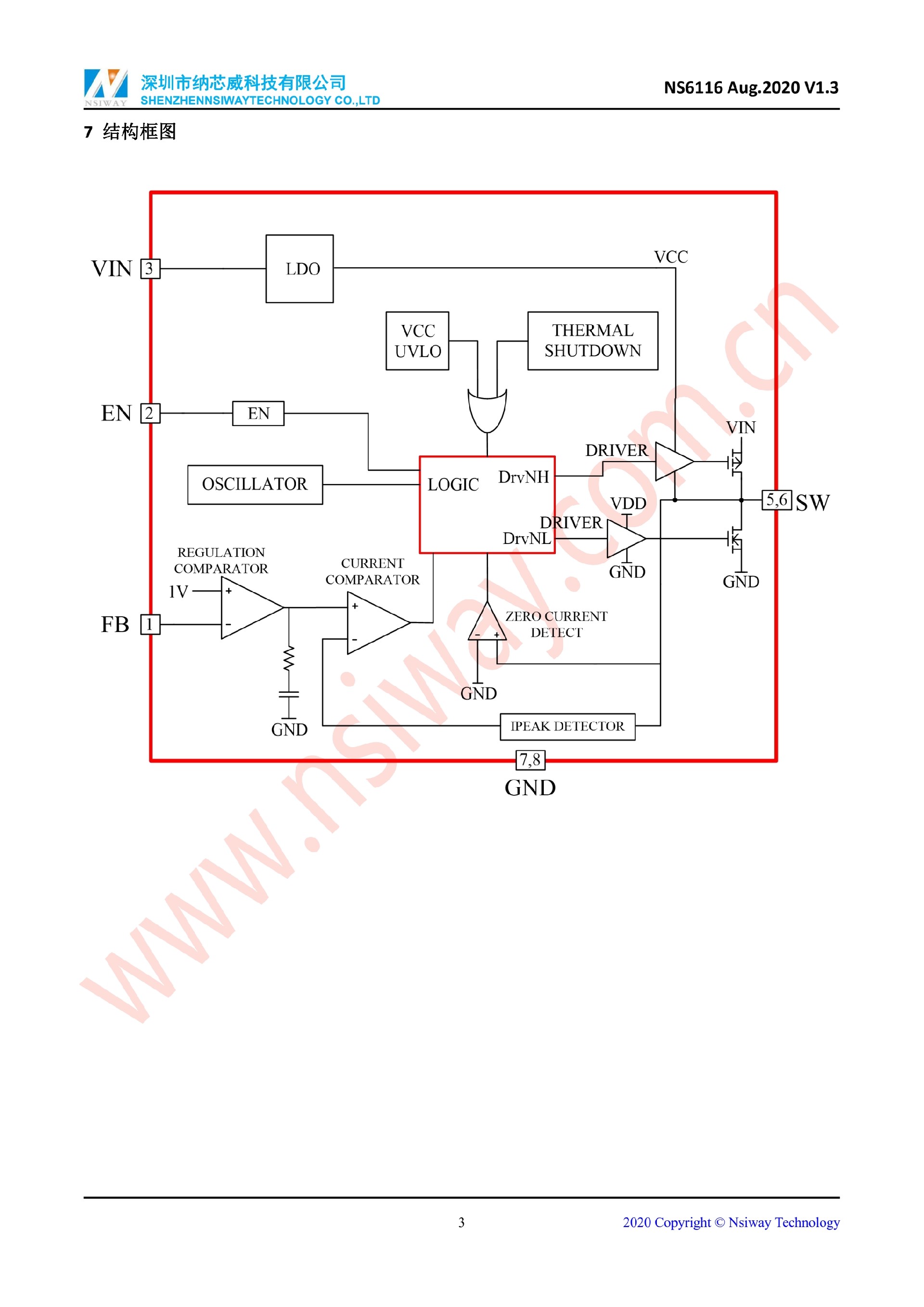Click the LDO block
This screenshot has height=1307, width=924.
[299, 269]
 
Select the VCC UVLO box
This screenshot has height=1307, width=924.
[417, 341]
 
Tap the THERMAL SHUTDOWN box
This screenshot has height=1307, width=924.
[592, 341]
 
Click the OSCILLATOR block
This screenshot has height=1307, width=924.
[255, 484]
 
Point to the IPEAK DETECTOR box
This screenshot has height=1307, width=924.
[567, 726]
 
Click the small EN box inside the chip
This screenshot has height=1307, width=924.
[258, 413]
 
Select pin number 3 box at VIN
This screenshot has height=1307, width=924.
[150, 269]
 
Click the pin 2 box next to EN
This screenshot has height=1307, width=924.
[150, 413]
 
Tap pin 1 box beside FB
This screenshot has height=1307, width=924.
[150, 624]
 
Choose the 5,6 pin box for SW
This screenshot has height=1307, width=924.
[776, 500]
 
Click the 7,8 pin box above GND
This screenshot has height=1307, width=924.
[530, 760]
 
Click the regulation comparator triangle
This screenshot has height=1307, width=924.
[248, 608]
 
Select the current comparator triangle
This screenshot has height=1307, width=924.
[374, 623]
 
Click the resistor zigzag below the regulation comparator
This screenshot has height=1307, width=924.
[289, 659]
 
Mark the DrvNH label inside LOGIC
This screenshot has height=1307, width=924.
[524, 477]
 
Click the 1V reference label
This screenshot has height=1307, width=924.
[178, 592]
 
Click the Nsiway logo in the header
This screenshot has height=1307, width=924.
[106, 87]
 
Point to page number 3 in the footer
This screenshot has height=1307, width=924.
[462, 1223]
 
